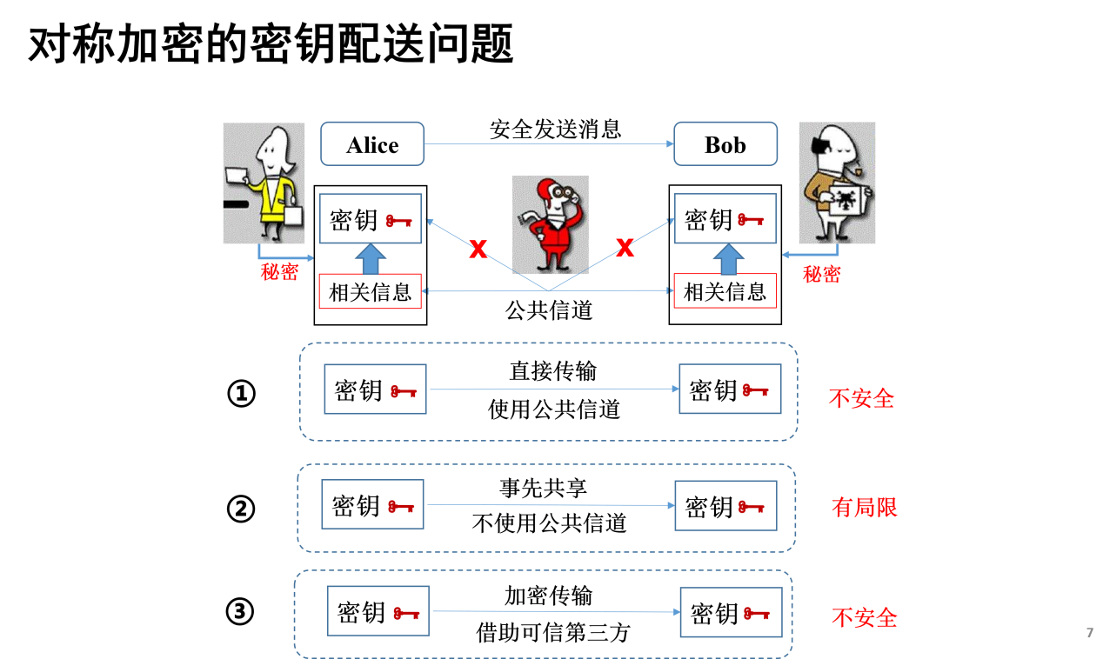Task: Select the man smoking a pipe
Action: pyautogui.click(x=837, y=183)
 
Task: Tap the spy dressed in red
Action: pyautogui.click(x=550, y=224)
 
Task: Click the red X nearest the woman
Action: pyautogui.click(x=478, y=249)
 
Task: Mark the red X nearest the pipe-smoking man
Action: pyautogui.click(x=625, y=248)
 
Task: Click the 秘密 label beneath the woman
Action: pyautogui.click(x=279, y=271)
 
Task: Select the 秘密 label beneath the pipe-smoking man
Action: pyautogui.click(x=821, y=274)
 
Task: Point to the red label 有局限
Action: pyautogui.click(x=864, y=507)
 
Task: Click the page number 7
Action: pyautogui.click(x=1089, y=633)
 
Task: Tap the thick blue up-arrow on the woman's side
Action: pyautogui.click(x=371, y=259)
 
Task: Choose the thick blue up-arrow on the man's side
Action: pyautogui.click(x=728, y=259)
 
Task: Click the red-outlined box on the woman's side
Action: pyautogui.click(x=370, y=291)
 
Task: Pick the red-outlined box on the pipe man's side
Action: pyautogui.click(x=725, y=291)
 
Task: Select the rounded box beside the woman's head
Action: pyautogui.click(x=372, y=143)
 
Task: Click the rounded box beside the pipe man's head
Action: pyautogui.click(x=725, y=143)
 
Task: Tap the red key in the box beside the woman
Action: pyautogui.click(x=399, y=220)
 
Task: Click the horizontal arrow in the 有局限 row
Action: pyautogui.click(x=550, y=504)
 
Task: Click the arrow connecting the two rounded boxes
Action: pyautogui.click(x=549, y=143)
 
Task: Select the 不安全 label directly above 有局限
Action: pyautogui.click(x=861, y=398)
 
